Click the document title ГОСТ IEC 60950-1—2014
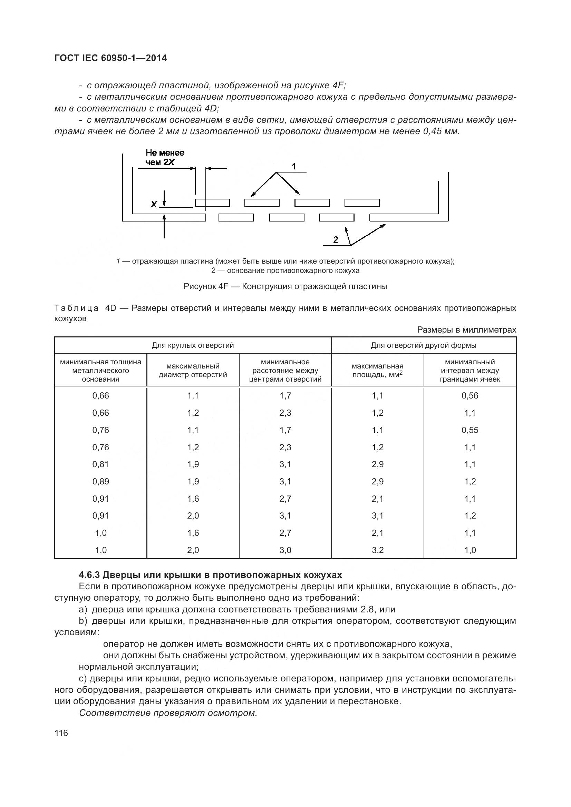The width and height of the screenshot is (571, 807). [110, 58]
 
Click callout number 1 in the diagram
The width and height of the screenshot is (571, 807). [294, 166]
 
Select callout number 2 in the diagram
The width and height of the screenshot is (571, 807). [336, 240]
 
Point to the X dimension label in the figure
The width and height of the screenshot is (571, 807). [154, 204]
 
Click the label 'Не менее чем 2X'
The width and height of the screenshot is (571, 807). [165, 157]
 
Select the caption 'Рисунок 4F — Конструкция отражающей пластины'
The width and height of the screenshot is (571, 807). [285, 286]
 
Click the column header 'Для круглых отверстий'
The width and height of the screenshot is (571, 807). [193, 345]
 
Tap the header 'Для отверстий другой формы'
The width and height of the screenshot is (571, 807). [423, 345]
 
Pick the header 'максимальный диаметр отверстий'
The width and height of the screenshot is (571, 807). [193, 371]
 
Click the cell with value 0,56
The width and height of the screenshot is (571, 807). [470, 395]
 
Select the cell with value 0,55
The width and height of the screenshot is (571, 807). [470, 430]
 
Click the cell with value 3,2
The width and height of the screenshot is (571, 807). [378, 550]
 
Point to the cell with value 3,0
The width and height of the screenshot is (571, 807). [285, 550]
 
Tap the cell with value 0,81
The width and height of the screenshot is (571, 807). [100, 464]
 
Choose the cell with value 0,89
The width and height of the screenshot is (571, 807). [100, 482]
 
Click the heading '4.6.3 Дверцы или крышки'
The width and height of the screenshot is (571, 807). [210, 575]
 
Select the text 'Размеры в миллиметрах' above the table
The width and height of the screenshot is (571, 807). [466, 330]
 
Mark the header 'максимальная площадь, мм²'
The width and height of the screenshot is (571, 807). [378, 371]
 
